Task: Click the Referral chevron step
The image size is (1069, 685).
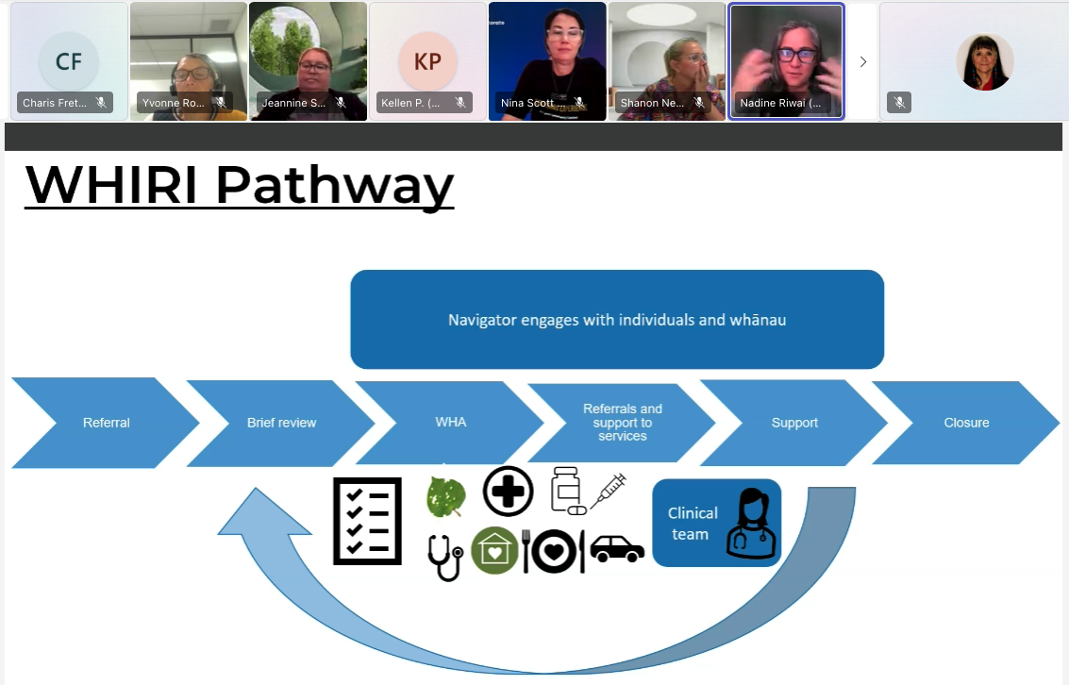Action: [106, 423]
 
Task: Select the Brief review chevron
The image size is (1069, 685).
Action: [281, 423]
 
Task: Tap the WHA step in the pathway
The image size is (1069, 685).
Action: [451, 422]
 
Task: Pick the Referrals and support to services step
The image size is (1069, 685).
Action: [622, 423]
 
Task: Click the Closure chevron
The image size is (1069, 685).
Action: [966, 423]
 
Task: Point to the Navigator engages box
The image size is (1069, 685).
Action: [617, 320]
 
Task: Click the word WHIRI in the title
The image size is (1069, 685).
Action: [111, 186]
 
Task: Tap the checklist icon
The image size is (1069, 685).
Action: [360, 521]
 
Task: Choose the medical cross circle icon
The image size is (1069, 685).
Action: [508, 491]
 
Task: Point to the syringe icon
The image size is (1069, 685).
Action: [608, 493]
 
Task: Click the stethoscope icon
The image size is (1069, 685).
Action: [445, 556]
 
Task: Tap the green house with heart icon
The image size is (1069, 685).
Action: [495, 551]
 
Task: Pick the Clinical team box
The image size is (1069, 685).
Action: [716, 523]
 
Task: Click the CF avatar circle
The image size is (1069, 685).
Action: [68, 61]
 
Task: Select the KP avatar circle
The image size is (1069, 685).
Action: [427, 61]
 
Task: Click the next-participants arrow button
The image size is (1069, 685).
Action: [862, 61]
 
